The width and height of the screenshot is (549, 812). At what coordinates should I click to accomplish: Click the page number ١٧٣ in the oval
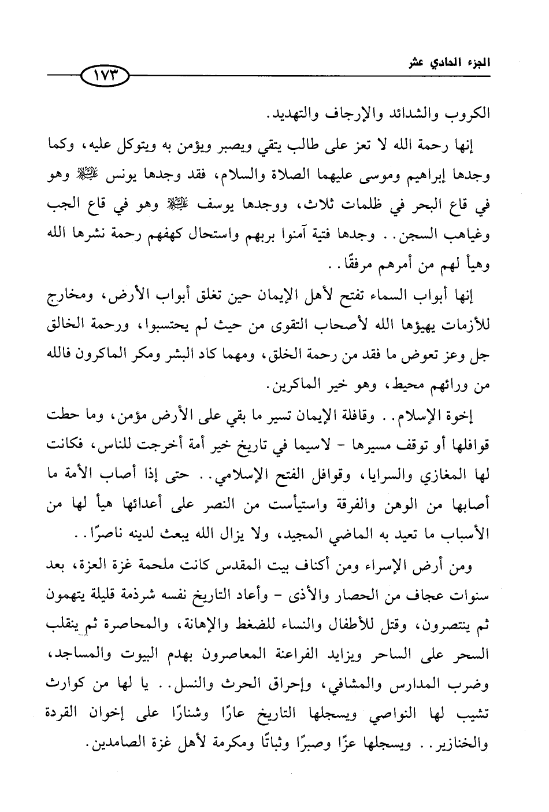(104, 76)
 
